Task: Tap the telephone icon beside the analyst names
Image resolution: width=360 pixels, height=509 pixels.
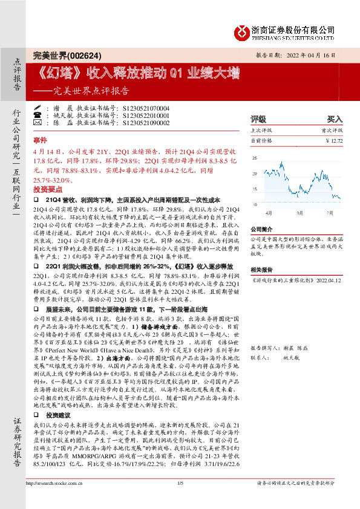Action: pyautogui.click(x=37, y=114)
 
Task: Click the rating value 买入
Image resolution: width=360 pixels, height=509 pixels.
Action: pyautogui.click(x=335, y=119)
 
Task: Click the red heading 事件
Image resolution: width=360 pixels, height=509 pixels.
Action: pyautogui.click(x=39, y=138)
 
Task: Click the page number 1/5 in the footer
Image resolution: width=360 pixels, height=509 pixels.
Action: pyautogui.click(x=180, y=499)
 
